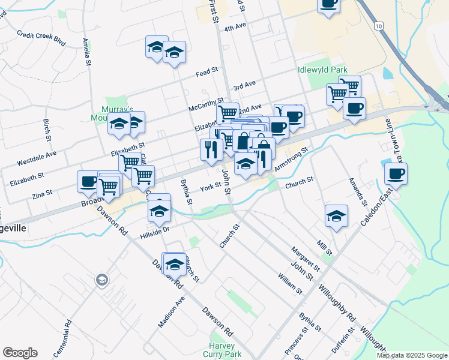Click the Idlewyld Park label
coord(322,70)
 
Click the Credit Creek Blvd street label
coord(41,35)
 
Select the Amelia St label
coord(87,53)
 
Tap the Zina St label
coord(41,193)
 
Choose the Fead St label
coord(206,72)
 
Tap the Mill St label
coord(325,246)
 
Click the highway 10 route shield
coord(378,26)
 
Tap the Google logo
coord(20,353)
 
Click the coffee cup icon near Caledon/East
coord(396,175)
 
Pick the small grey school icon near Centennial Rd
coord(101,280)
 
